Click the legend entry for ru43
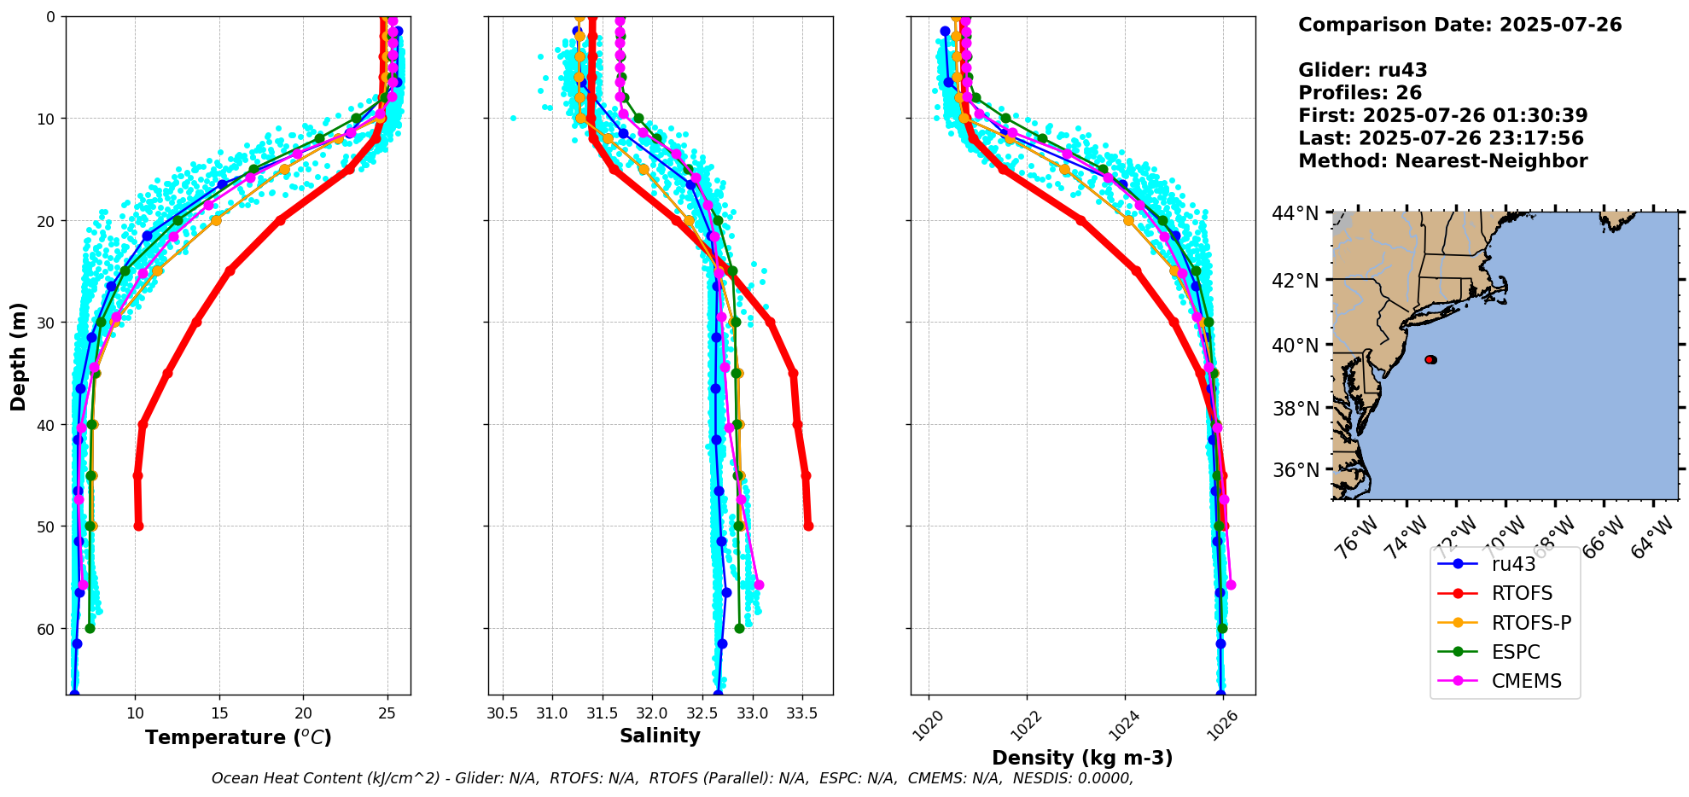[x=1513, y=564]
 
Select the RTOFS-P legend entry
[x=1531, y=623]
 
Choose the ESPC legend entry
[x=1516, y=652]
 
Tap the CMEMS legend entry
[x=1526, y=681]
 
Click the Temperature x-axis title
[x=238, y=737]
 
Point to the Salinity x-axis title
[x=660, y=736]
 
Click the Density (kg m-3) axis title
[x=1082, y=758]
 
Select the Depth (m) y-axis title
[x=19, y=356]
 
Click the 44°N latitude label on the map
[x=1296, y=213]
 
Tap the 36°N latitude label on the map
[x=1296, y=471]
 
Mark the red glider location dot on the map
[x=1430, y=359]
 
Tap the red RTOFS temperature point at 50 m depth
[x=138, y=526]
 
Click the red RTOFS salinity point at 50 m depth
[x=808, y=526]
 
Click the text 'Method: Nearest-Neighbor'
[x=1442, y=161]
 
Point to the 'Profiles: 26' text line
[x=1360, y=93]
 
